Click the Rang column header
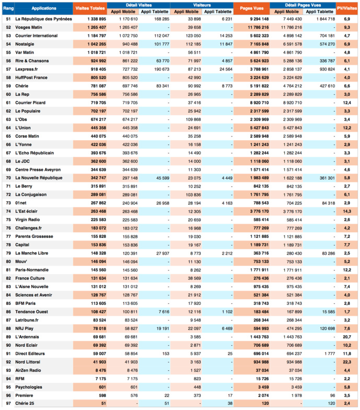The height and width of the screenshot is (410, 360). pos(8,8)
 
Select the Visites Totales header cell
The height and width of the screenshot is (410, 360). pos(89,8)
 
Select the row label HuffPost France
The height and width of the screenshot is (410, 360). pos(32,77)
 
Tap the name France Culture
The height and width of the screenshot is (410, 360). pos(31,278)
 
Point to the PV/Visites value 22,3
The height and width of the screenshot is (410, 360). pos(346,361)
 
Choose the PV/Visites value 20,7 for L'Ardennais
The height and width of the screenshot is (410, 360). pos(346,336)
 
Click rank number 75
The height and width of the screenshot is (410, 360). pos(8,220)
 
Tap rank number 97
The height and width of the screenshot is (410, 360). pos(8,403)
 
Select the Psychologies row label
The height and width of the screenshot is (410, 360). pos(29,386)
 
